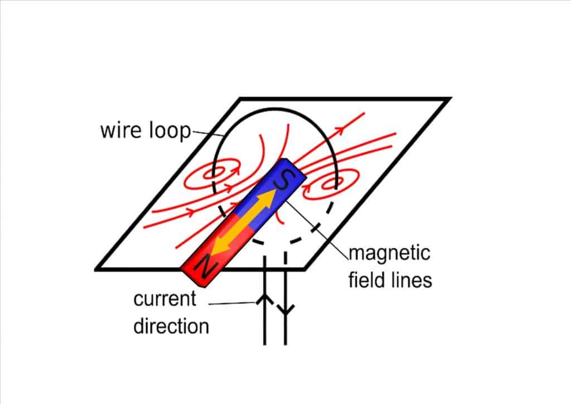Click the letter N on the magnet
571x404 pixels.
205,268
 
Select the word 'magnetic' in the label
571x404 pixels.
389,253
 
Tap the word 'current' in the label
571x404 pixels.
165,299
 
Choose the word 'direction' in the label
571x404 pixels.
171,325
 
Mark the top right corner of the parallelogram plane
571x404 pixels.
449,99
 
